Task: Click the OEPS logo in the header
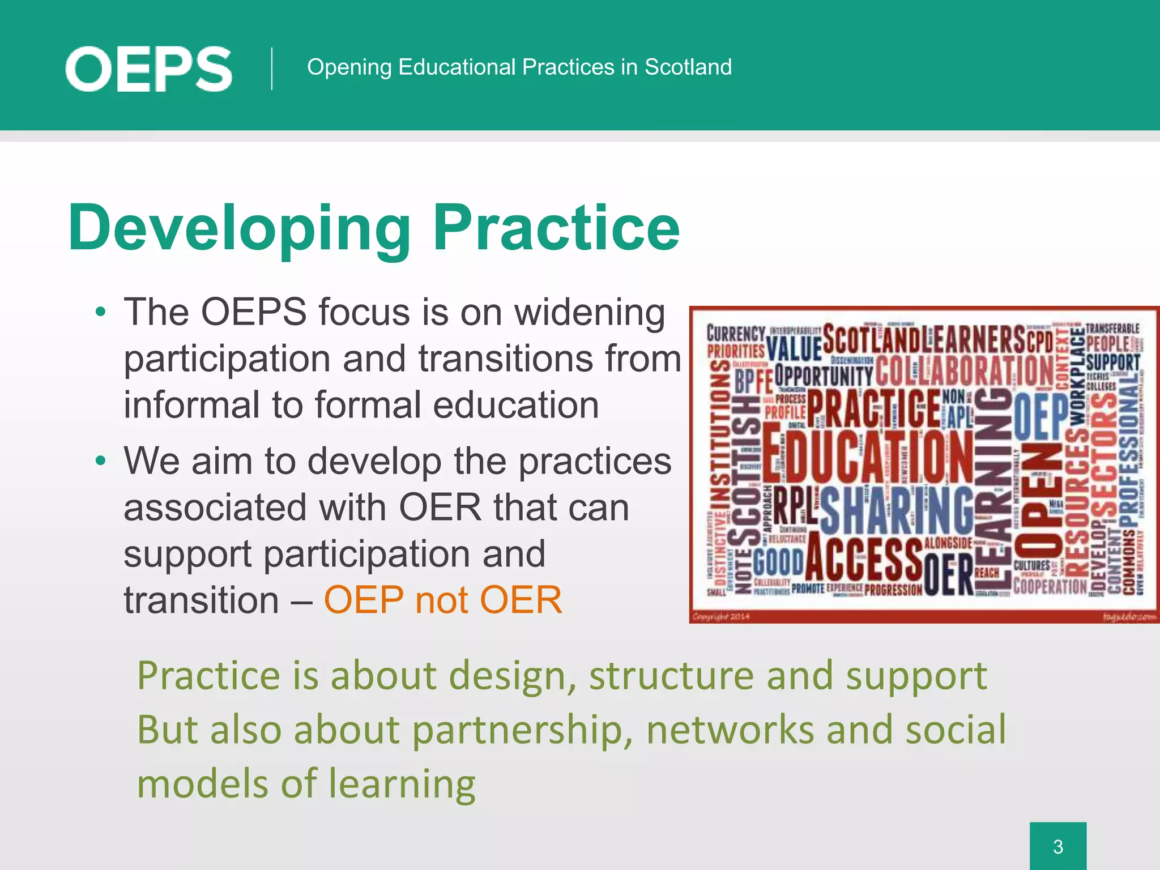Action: [148, 69]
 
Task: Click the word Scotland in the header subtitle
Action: [688, 67]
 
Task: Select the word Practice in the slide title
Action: [556, 228]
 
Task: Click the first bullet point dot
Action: [101, 312]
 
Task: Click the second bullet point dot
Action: [101, 460]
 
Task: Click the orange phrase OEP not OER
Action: [443, 600]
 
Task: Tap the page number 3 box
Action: [1057, 846]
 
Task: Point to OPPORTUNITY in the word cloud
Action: [824, 376]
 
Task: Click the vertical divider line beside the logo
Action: [272, 69]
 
